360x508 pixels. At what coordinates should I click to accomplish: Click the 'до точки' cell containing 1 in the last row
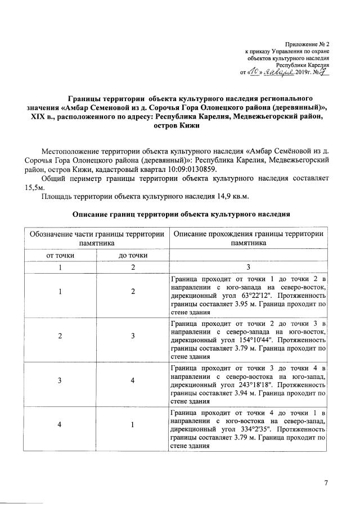pos(133,424)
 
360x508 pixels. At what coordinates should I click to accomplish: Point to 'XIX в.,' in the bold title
pos(43,116)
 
